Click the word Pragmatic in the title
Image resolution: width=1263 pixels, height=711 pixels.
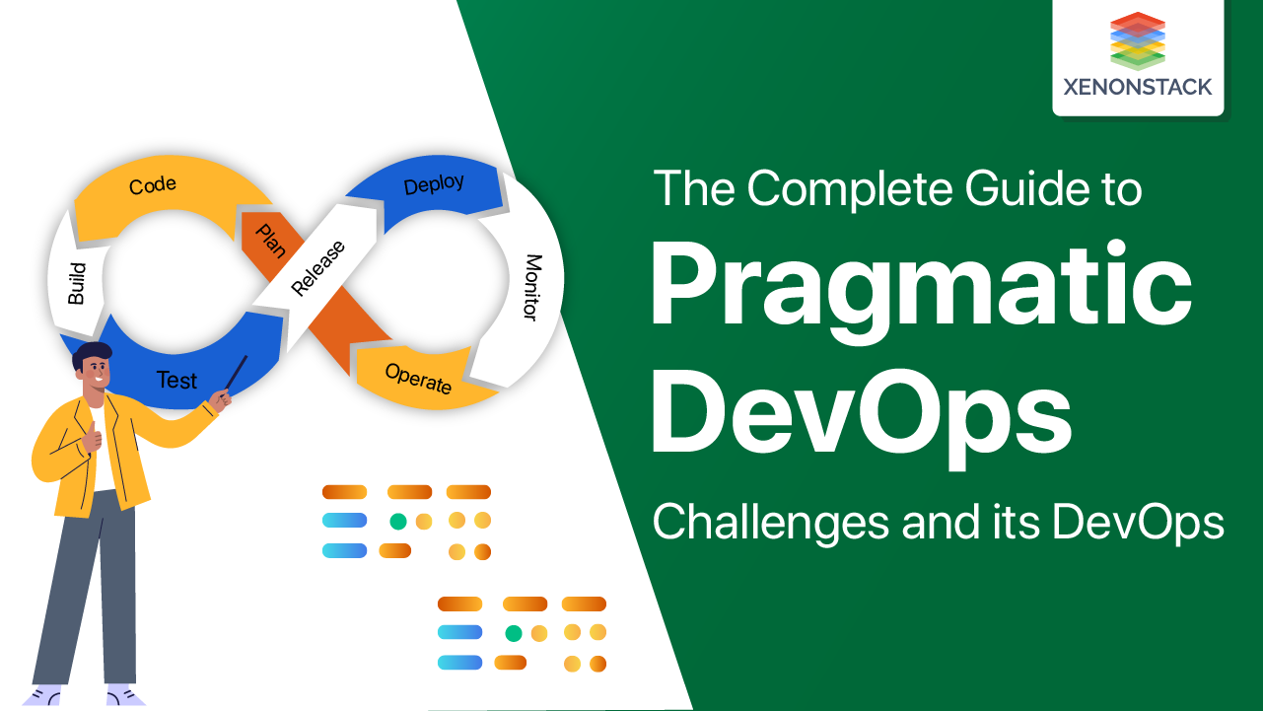tap(920, 287)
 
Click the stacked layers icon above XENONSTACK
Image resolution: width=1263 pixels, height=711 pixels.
tap(1138, 40)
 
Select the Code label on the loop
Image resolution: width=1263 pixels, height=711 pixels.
tap(153, 184)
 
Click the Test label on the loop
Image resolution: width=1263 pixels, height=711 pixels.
tap(177, 380)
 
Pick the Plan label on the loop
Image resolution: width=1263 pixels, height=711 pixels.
tap(270, 241)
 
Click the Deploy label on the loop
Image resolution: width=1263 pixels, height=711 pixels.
tap(434, 184)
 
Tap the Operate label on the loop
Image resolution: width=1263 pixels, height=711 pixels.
tap(418, 379)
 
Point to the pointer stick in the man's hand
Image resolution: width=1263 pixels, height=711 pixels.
tap(237, 373)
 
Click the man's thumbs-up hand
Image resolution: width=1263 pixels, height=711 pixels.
tap(92, 434)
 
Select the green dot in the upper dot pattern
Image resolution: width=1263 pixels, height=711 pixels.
tap(398, 521)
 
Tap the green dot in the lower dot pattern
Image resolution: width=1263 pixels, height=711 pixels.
tap(514, 633)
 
